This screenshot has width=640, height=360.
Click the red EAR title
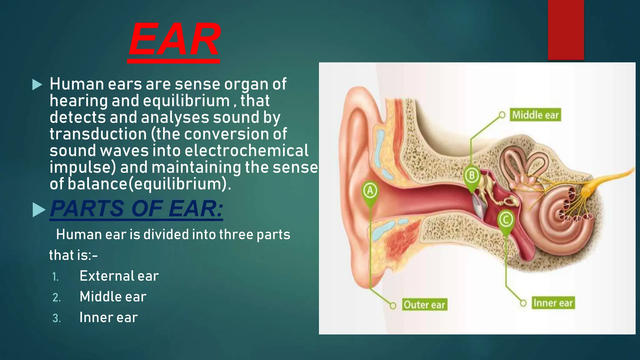174,40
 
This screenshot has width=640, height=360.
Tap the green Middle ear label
535,115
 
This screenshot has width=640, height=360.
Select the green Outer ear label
424,304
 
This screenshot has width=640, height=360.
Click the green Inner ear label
553,303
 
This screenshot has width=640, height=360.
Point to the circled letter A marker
370,190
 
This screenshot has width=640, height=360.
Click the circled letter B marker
472,175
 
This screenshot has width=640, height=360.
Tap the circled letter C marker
506,219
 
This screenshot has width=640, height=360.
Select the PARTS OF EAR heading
137,209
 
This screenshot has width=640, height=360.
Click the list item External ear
119,276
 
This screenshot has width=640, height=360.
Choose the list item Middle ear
113,297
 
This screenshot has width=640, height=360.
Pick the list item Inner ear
108,317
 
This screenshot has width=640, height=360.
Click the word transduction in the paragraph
98,134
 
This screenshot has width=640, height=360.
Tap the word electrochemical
246,151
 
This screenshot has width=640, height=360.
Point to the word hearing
78,101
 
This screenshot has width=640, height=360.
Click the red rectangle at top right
566,30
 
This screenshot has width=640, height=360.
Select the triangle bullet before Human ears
37,84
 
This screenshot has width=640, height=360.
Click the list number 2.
56,297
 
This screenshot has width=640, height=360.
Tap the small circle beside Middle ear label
502,115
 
